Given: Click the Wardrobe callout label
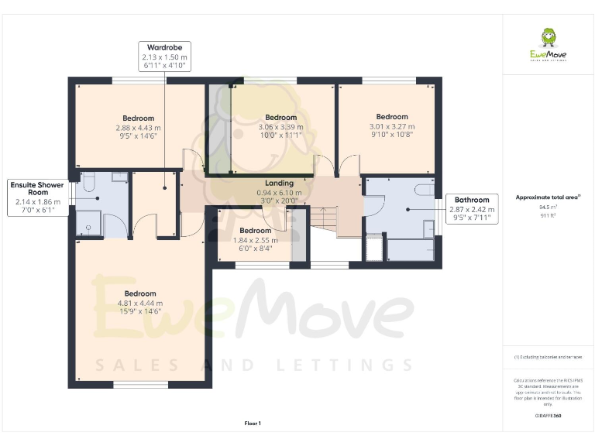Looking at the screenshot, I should (164, 47).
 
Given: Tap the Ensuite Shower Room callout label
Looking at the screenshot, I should (36, 186).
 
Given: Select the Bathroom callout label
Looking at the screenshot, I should (471, 199).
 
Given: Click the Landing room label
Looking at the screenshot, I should (279, 183).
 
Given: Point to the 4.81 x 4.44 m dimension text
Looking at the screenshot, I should (140, 303).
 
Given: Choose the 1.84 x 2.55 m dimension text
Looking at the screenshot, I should (255, 240).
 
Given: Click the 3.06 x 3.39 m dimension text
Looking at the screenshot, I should (281, 127).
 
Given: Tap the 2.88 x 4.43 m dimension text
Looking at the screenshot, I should (138, 127).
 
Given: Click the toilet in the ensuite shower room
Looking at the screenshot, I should (88, 181).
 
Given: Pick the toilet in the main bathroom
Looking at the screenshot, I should (425, 190).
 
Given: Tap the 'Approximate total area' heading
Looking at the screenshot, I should (547, 197).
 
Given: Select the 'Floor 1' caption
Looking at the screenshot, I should (253, 423).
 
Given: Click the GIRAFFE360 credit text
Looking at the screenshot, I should (547, 417).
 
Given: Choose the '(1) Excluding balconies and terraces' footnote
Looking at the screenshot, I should (547, 357).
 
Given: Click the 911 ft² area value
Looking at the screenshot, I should (547, 214).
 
